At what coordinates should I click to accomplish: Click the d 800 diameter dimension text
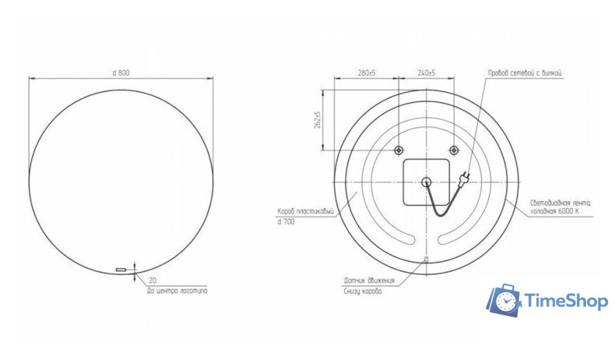[x=121, y=73]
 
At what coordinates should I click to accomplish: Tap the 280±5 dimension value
[x=366, y=73]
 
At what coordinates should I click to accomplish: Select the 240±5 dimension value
[x=426, y=73]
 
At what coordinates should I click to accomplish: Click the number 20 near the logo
[x=152, y=280]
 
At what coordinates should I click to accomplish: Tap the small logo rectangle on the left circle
[x=121, y=271]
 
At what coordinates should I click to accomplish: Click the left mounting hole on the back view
[x=399, y=150]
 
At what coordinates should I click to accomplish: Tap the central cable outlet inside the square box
[x=426, y=183]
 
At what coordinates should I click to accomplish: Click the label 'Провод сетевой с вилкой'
[x=524, y=73]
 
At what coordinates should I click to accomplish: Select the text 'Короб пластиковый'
[x=306, y=212]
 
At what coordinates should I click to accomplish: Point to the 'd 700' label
[x=286, y=221]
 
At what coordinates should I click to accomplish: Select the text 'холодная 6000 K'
[x=555, y=211]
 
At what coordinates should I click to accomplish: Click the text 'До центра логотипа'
[x=177, y=290]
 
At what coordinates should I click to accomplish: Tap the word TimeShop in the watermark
[x=565, y=301]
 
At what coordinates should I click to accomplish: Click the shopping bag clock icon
[x=505, y=301]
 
